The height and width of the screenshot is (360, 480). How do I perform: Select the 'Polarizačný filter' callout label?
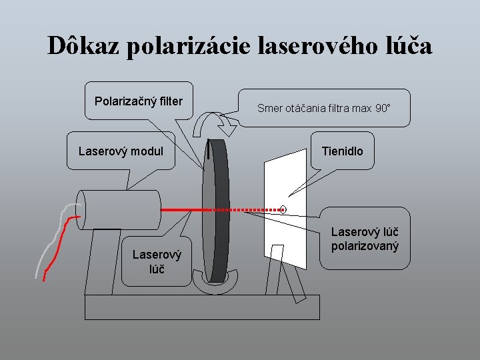pyautogui.click(x=139, y=102)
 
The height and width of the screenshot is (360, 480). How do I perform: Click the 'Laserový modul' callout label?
pyautogui.click(x=121, y=151)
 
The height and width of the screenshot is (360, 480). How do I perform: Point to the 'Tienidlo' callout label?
pyautogui.click(x=342, y=151)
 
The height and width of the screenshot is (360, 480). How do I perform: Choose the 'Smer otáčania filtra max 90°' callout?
pyautogui.click(x=323, y=107)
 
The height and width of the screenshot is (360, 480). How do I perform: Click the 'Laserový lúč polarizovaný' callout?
pyautogui.click(x=365, y=239)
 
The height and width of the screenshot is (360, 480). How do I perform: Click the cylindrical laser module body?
pyautogui.click(x=120, y=210)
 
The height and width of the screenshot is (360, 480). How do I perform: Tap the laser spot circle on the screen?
pyautogui.click(x=283, y=209)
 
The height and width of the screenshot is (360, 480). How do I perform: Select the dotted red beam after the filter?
pyautogui.click(x=253, y=209)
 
